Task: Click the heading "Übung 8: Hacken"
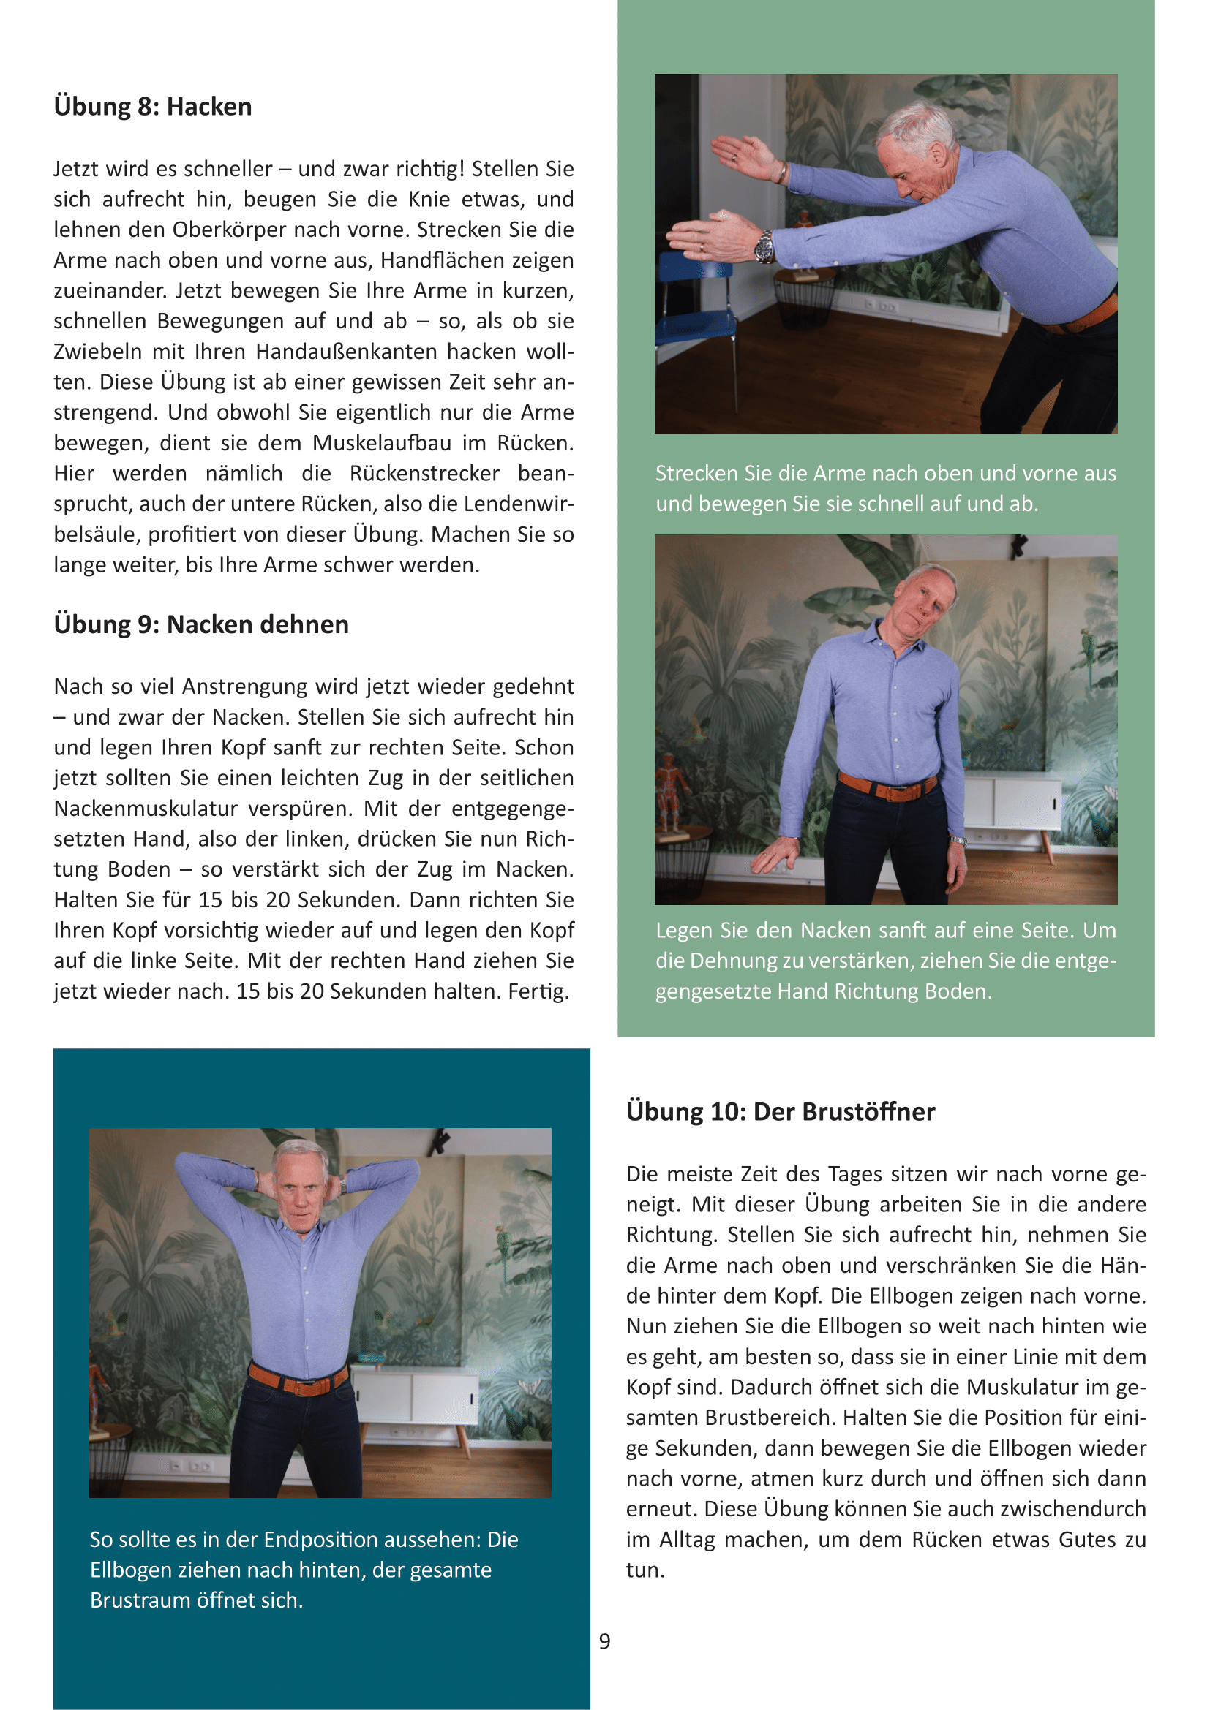153,107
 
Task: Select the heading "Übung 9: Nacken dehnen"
201,624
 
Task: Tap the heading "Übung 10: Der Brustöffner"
780,1111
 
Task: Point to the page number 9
604,1641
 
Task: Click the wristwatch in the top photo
764,246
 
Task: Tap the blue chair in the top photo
693,298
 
